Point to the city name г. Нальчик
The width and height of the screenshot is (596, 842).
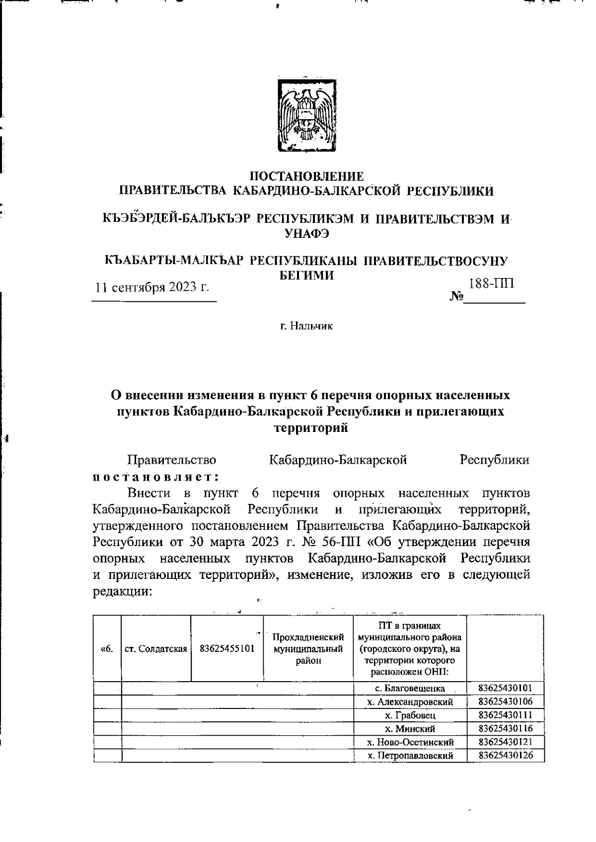(x=306, y=326)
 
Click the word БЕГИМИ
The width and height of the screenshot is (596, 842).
(x=304, y=276)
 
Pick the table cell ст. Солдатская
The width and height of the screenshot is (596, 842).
(x=156, y=648)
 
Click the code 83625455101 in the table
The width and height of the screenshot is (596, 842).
(x=227, y=648)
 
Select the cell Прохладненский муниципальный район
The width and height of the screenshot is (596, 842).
(x=308, y=648)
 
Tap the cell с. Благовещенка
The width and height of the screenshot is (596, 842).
(x=410, y=689)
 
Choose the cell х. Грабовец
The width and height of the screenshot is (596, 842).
(x=410, y=715)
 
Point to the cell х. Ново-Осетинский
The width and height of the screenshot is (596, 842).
(x=410, y=742)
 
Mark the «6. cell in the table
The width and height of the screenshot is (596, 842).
(x=107, y=648)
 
